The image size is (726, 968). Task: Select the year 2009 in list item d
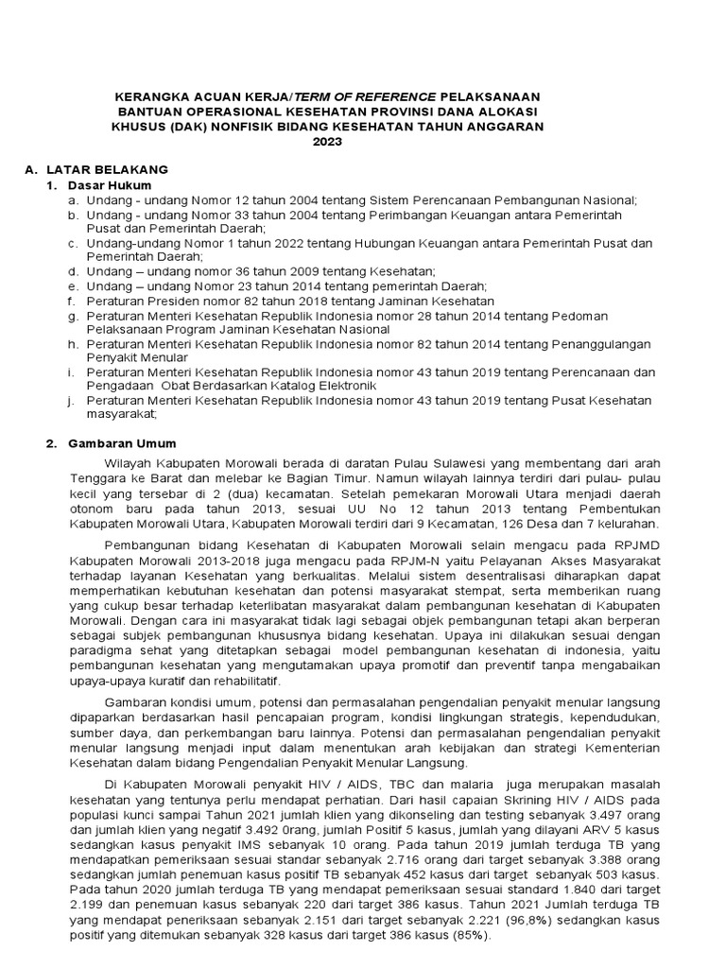coord(284,271)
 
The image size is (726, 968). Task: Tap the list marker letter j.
coord(71,400)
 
